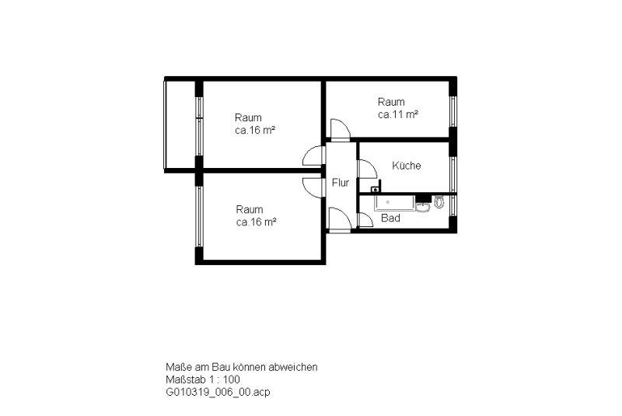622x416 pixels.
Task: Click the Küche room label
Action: pyautogui.click(x=406, y=166)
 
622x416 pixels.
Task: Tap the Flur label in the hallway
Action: pyautogui.click(x=341, y=183)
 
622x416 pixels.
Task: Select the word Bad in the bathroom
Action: pyautogui.click(x=390, y=218)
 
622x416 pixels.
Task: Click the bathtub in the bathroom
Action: pyautogui.click(x=394, y=202)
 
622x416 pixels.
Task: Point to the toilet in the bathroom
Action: pyautogui.click(x=439, y=202)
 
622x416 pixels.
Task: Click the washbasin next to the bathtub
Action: pyautogui.click(x=423, y=207)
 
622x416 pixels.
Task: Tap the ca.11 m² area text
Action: pyautogui.click(x=398, y=114)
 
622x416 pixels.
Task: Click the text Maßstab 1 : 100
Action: pyautogui.click(x=203, y=379)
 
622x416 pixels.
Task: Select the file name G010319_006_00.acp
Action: pyautogui.click(x=218, y=392)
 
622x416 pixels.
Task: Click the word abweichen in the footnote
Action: pyautogui.click(x=293, y=367)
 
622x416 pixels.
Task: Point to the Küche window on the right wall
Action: pyautogui.click(x=453, y=174)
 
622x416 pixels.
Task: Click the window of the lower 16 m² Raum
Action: pyautogui.click(x=199, y=216)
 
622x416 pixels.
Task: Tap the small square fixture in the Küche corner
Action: pyautogui.click(x=376, y=189)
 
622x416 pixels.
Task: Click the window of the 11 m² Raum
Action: pyautogui.click(x=453, y=111)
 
